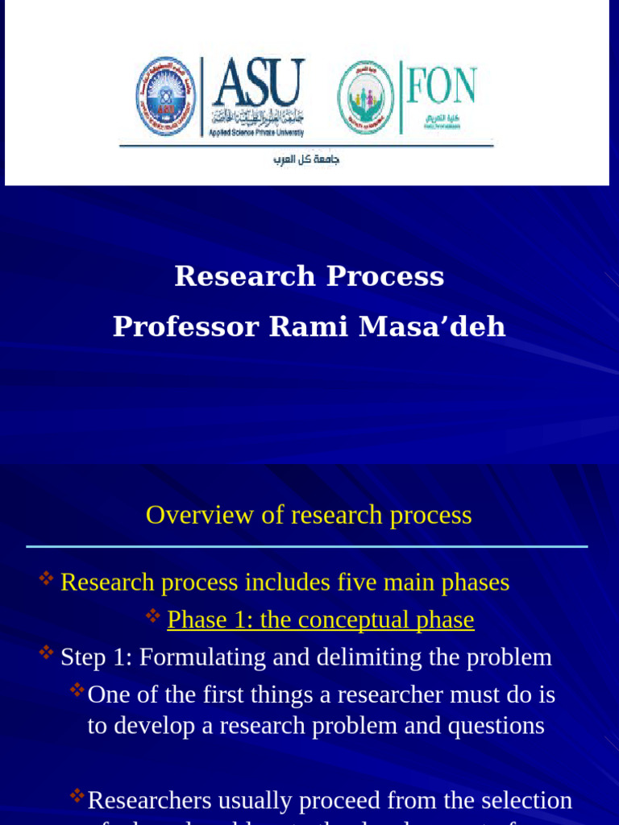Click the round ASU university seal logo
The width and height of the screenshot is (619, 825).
165,96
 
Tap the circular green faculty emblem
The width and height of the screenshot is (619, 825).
366,97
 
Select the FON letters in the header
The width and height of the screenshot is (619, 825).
441,86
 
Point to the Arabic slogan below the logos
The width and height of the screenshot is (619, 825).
306,160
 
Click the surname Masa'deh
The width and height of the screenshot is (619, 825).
432,327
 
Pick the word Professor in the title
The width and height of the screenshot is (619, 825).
186,327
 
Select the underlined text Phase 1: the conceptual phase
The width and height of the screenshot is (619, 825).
320,620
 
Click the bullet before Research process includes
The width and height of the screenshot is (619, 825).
47,578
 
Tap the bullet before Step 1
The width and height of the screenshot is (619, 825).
47,653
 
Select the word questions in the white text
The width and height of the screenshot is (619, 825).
496,726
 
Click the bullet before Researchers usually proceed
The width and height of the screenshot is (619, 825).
77,796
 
